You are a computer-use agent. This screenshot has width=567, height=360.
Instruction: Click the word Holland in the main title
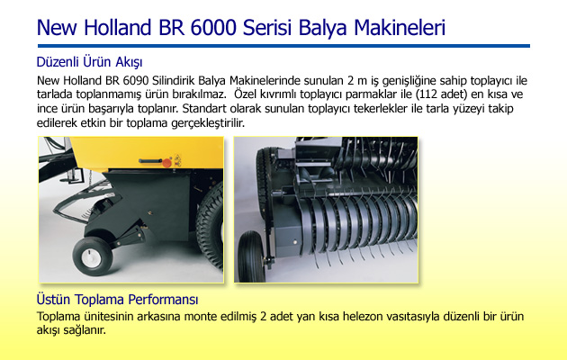(117, 28)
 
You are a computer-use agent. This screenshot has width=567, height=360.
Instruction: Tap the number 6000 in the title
(213, 28)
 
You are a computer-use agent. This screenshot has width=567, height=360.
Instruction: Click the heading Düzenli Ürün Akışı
(89, 62)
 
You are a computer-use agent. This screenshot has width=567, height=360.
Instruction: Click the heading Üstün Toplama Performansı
(117, 300)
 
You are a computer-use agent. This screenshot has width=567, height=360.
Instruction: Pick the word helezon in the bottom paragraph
(363, 316)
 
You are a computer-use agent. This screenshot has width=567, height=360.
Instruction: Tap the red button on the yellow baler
(166, 163)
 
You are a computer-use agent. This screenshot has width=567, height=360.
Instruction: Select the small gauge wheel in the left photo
(93, 256)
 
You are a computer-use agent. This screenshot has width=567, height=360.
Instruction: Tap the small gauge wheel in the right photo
(252, 256)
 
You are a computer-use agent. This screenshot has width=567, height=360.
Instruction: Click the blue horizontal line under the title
(283, 46)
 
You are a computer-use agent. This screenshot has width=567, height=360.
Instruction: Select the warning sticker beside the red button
(177, 160)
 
